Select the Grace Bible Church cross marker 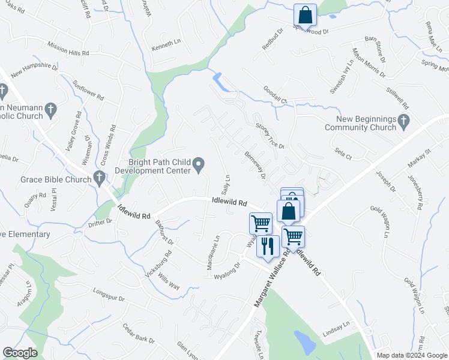click(x=99, y=178)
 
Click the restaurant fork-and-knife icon click(x=268, y=245)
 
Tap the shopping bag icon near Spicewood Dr click(x=305, y=15)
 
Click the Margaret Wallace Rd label click(x=274, y=280)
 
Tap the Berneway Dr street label click(x=255, y=164)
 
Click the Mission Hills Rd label click(x=67, y=53)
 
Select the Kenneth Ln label click(x=166, y=44)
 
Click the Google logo click(x=20, y=353)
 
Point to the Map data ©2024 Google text click(x=412, y=355)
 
